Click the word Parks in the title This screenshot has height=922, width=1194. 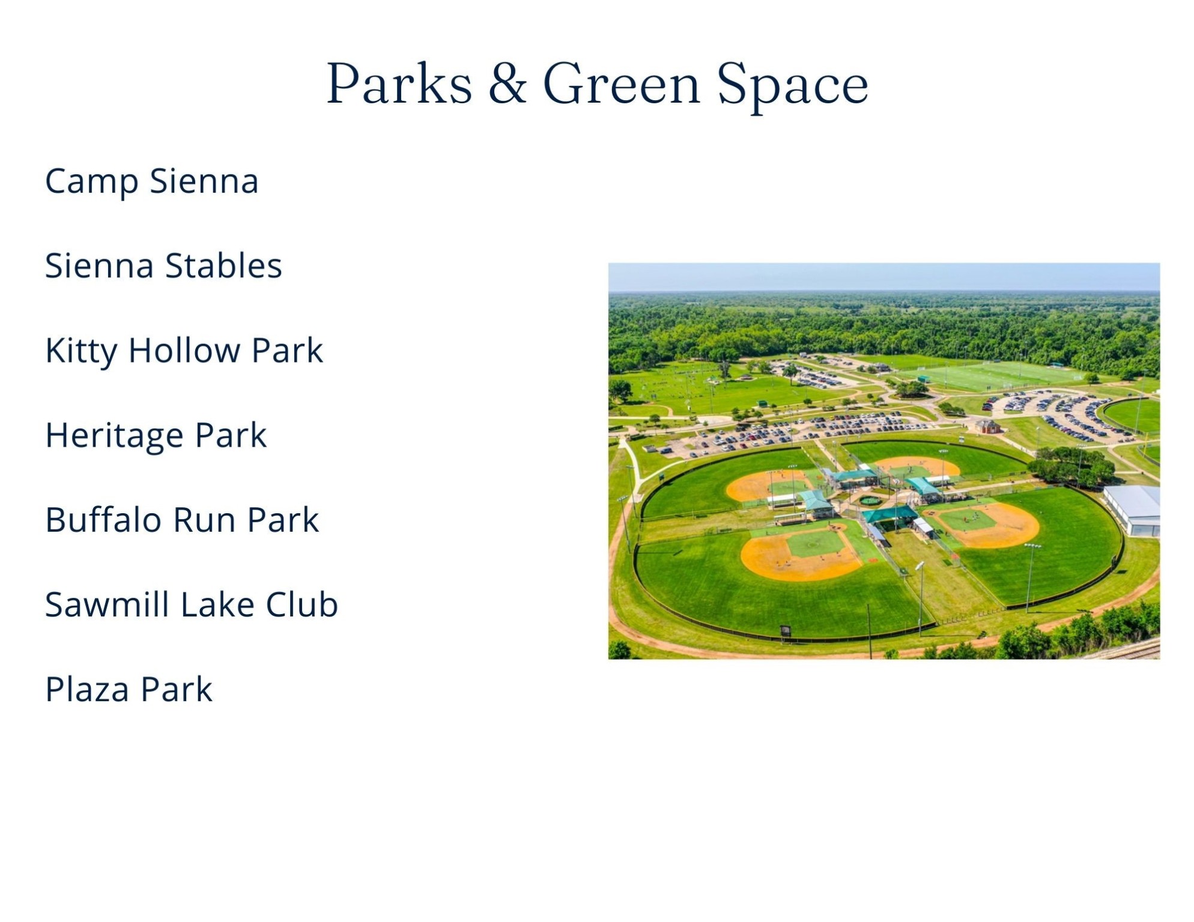click(x=399, y=84)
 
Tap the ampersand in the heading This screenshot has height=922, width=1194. click(x=508, y=84)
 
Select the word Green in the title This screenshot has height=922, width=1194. click(x=622, y=84)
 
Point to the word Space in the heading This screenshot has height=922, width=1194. click(x=793, y=87)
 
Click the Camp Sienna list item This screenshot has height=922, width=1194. click(x=152, y=182)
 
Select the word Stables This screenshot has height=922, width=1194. click(x=223, y=265)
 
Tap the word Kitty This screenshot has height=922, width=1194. click(x=81, y=351)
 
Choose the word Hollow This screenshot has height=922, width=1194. click(x=184, y=350)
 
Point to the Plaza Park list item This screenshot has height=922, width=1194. click(x=129, y=689)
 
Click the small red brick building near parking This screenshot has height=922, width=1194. click(x=988, y=427)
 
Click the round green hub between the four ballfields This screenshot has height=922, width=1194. click(x=870, y=500)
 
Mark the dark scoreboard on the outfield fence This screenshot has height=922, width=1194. click(x=785, y=631)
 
